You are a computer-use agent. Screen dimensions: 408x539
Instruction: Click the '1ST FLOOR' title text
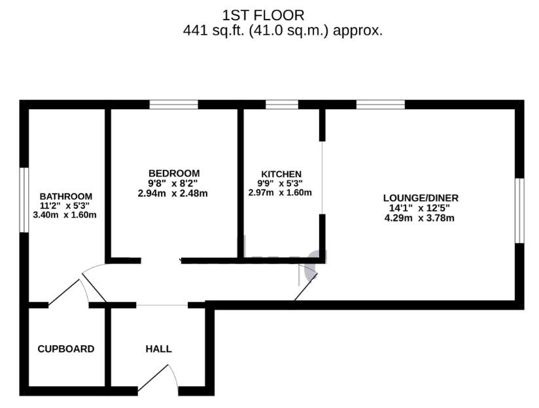(x=263, y=14)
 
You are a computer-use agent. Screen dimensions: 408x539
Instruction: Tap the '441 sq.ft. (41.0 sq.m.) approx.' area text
(x=283, y=30)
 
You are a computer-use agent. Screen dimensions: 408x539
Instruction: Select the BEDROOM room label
(x=173, y=173)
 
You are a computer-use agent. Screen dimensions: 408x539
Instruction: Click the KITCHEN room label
(x=280, y=173)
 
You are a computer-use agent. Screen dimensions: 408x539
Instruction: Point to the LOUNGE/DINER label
(x=421, y=198)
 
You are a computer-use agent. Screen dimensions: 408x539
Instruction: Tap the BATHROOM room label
(x=66, y=196)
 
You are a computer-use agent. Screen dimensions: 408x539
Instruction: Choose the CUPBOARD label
(x=66, y=349)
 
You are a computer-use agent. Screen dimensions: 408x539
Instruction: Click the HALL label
(x=158, y=349)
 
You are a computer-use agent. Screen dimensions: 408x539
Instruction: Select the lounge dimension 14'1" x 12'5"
(x=421, y=209)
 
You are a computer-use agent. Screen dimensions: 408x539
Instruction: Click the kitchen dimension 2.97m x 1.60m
(x=280, y=193)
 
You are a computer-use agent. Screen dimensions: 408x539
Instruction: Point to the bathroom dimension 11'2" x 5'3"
(x=66, y=205)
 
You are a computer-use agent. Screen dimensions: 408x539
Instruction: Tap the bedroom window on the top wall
(x=173, y=104)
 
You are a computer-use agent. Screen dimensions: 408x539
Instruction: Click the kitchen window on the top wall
(x=282, y=104)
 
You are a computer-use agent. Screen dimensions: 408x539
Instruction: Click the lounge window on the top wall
(x=380, y=104)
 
